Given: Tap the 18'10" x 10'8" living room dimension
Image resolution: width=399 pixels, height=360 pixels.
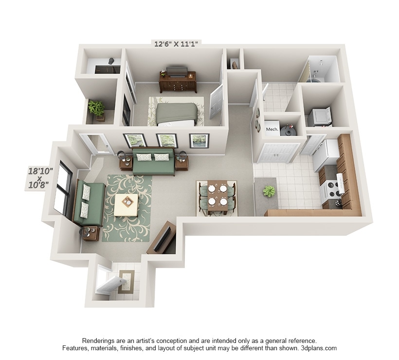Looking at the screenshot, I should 39,178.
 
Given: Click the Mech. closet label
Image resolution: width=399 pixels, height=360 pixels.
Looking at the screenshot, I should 272,129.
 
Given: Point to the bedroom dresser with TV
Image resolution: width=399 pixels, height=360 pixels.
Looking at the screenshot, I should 178,81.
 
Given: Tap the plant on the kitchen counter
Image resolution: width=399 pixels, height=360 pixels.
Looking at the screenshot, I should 269,191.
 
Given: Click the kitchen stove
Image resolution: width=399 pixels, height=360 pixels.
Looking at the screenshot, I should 331,190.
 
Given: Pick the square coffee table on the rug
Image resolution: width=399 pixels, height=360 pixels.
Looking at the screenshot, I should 127,205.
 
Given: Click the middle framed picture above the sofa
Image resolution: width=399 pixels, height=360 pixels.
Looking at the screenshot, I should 167,141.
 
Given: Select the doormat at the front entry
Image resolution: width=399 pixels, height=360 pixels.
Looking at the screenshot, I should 126,281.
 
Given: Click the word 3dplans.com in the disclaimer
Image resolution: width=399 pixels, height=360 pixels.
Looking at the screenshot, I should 319,348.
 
